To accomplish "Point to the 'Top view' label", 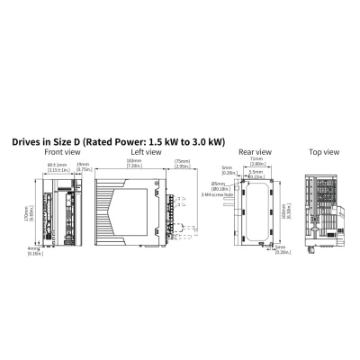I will coord(322,153).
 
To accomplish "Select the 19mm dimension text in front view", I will coord(83,166).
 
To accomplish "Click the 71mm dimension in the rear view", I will coord(257,163).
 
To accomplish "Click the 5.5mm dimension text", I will coord(257,175).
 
